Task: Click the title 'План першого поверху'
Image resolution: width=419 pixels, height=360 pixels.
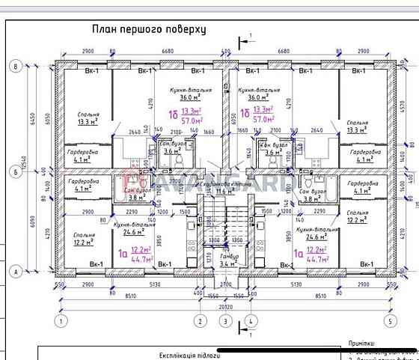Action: (x=148, y=30)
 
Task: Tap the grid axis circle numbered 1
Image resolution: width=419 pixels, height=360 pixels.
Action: (x=57, y=321)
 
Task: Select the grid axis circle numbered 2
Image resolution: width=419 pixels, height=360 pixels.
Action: (x=200, y=321)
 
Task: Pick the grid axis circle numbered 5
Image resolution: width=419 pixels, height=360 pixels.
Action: (x=389, y=321)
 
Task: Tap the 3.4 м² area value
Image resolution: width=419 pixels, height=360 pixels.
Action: (x=227, y=264)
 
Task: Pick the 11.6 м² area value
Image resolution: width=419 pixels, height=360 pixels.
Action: (x=224, y=192)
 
